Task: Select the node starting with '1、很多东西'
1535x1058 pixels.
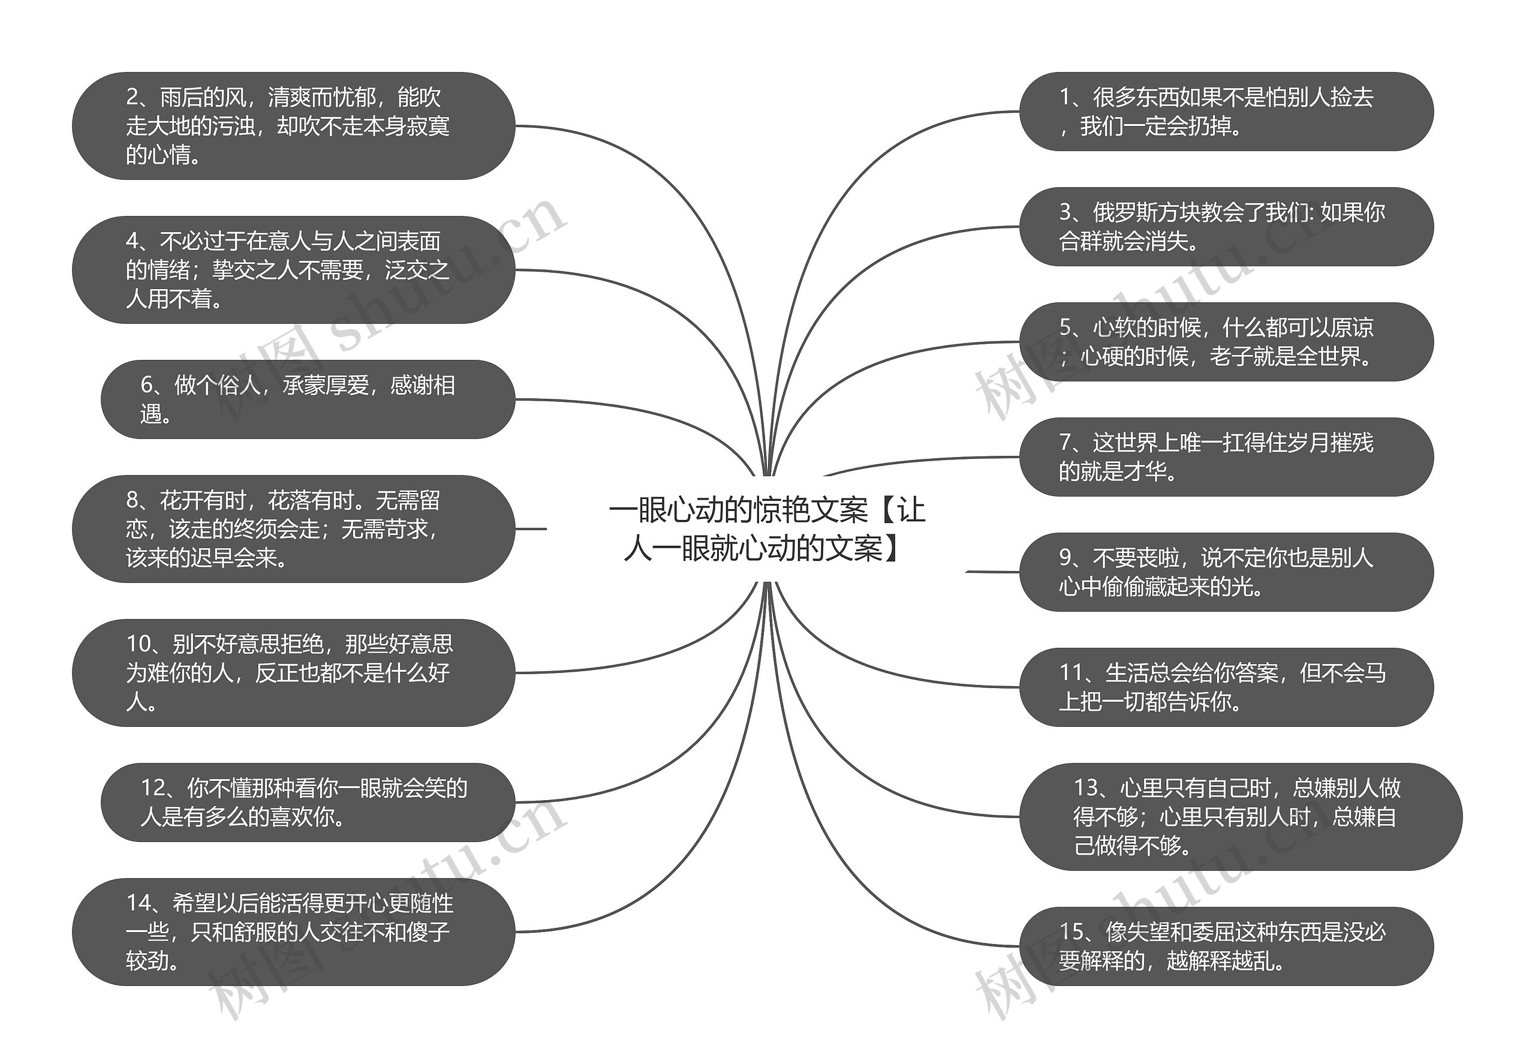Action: (1226, 112)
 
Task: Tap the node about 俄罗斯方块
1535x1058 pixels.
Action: (1226, 227)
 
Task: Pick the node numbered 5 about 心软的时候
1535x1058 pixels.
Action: (1226, 342)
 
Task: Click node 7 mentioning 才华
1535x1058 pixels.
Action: (1226, 457)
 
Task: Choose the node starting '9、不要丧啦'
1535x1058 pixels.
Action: (1226, 572)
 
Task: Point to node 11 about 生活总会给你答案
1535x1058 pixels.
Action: (1226, 687)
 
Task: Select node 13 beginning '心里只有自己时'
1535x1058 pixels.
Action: (1241, 817)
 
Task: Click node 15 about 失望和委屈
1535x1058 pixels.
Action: (1226, 946)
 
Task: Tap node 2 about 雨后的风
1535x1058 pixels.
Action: (294, 126)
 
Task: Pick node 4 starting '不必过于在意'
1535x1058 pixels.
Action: (294, 270)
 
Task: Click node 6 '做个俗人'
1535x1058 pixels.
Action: (308, 399)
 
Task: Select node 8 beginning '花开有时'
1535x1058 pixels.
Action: (294, 529)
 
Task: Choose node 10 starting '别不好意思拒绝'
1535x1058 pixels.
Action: (294, 673)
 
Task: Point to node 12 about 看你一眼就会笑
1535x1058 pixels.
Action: (308, 802)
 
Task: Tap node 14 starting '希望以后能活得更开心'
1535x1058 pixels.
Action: (294, 932)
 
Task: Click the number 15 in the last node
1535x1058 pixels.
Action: (1071, 932)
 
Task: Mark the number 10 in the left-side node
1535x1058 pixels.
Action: (139, 644)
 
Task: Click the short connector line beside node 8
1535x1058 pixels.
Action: (531, 529)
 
